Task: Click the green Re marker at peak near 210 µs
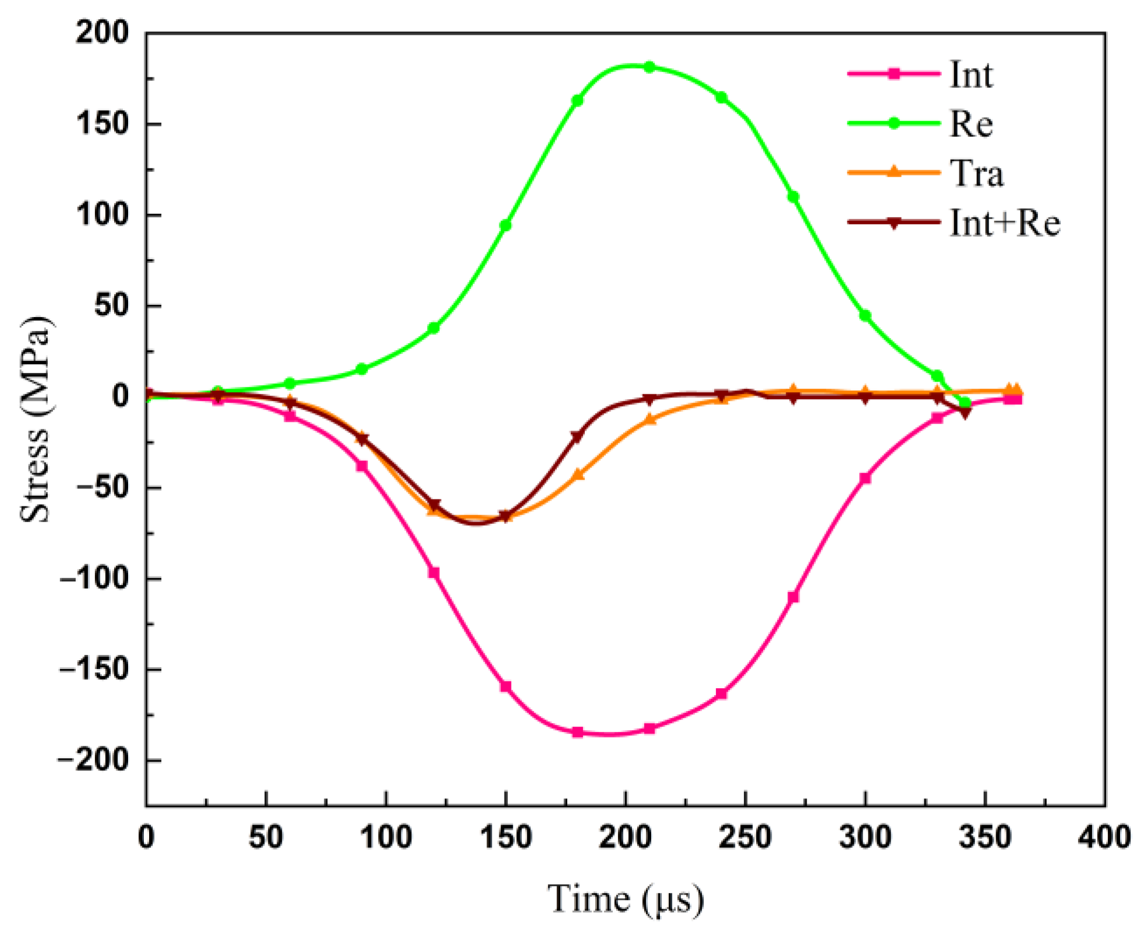tap(649, 67)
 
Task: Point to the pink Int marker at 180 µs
tap(577, 732)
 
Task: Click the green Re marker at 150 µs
tap(506, 225)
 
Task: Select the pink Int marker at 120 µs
tap(434, 573)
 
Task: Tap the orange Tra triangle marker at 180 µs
tap(578, 475)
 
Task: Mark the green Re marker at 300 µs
tap(865, 315)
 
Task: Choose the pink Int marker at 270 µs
tap(793, 597)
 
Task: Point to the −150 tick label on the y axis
tap(93, 670)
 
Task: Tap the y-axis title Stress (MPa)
tap(35, 420)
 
